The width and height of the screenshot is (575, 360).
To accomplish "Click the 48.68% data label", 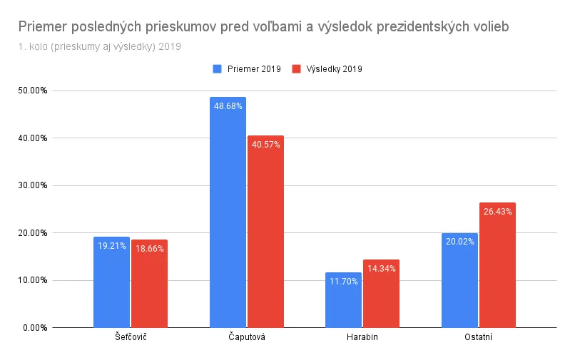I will pos(228,106).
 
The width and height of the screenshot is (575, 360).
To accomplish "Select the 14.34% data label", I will pos(381,269).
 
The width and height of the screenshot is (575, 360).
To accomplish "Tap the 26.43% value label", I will pos(497,212).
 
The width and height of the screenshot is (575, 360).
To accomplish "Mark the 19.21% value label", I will pos(111,246).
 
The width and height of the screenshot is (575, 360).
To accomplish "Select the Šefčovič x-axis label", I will pos(131,337).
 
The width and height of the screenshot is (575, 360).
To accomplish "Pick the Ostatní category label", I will pos(478,337).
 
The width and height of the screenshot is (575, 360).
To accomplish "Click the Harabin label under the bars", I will pos(362,337).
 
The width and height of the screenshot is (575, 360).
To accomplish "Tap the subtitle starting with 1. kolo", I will pos(100,47).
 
